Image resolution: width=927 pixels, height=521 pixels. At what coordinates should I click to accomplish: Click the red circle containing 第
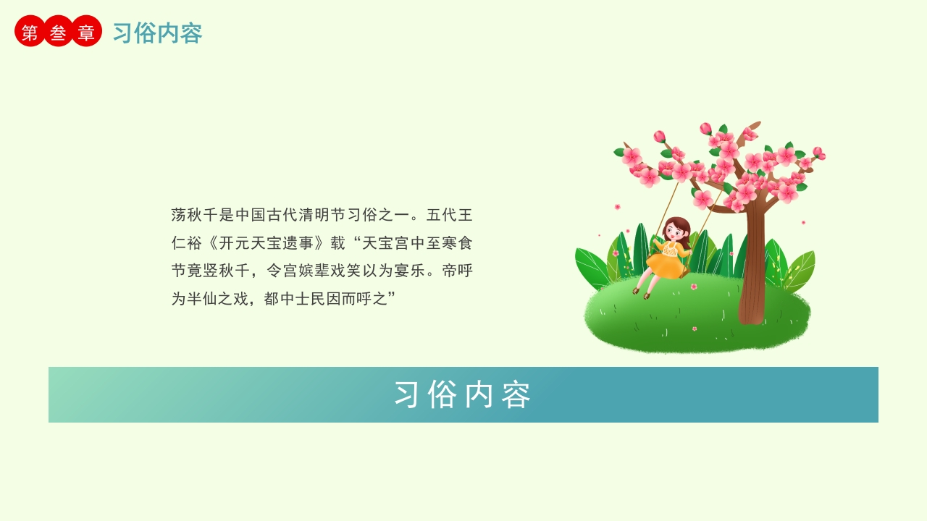pyautogui.click(x=30, y=31)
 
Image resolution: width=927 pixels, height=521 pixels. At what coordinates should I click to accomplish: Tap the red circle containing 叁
pyautogui.click(x=58, y=31)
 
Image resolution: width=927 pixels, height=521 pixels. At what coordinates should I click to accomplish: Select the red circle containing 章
pyautogui.click(x=86, y=31)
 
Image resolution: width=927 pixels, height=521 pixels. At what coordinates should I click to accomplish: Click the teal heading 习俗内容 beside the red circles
pyautogui.click(x=157, y=33)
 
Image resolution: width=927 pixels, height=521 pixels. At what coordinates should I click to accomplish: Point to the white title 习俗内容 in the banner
pyautogui.click(x=463, y=394)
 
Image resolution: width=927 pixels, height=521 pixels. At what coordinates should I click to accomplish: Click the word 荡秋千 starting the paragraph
pyautogui.click(x=195, y=215)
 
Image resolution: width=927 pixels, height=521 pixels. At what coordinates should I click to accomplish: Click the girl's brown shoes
pyautogui.click(x=641, y=292)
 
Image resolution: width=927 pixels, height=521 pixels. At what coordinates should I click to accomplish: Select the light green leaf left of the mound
pyautogui.click(x=590, y=268)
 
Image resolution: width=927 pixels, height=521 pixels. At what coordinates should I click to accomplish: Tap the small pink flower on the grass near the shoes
pyautogui.click(x=694, y=287)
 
